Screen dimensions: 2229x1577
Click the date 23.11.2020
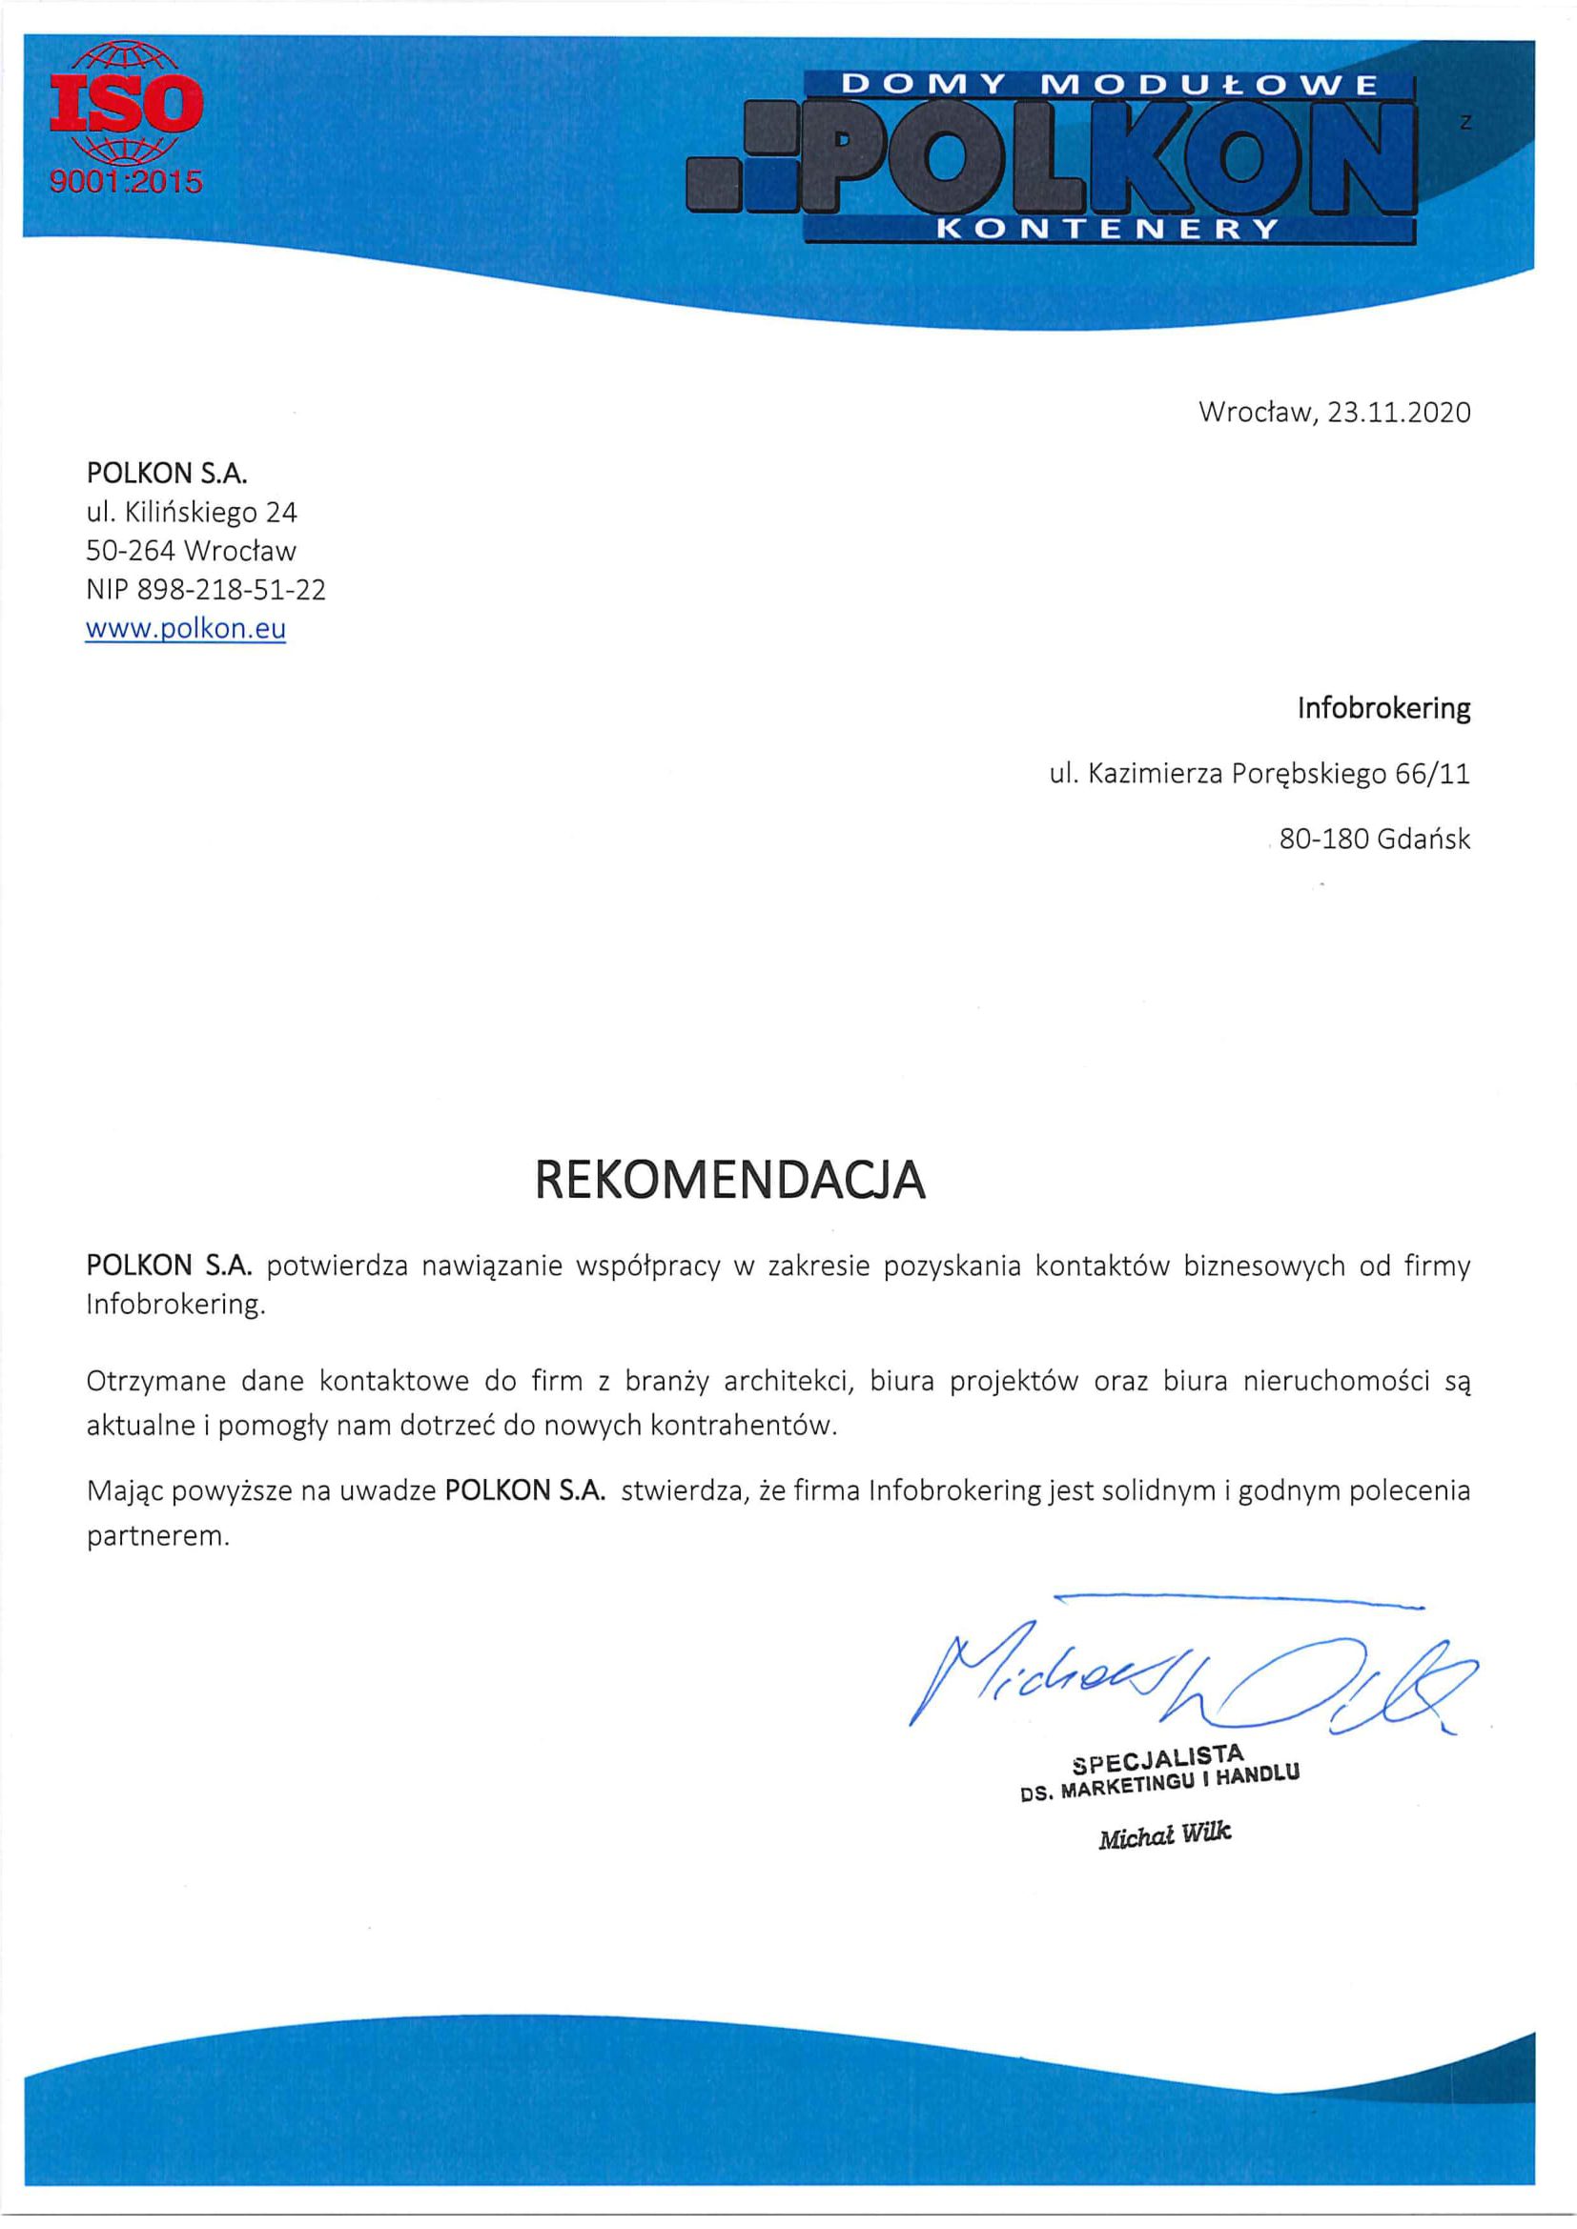point(1399,413)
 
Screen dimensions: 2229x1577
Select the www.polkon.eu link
point(186,628)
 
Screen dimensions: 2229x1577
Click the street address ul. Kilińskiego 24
point(192,512)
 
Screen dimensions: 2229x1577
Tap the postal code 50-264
point(130,551)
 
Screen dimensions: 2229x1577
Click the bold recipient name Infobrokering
point(1382,709)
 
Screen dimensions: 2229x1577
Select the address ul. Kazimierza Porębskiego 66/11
point(1260,774)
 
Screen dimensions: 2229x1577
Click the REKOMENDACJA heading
point(730,1181)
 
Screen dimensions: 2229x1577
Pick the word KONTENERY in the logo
point(1110,229)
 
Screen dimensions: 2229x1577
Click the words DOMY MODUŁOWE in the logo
point(1108,85)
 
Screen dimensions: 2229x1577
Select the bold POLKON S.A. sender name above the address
point(167,473)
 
